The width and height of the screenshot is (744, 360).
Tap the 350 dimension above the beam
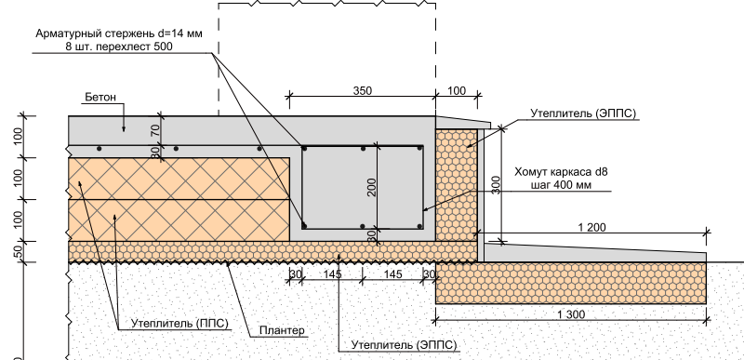[363, 90]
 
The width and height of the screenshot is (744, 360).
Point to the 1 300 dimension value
[572, 315]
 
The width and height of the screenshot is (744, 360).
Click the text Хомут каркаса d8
[560, 171]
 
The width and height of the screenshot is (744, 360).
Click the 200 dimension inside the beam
[372, 187]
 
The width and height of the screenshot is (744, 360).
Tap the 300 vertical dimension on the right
[497, 183]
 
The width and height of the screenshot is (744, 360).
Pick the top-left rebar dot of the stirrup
[304, 147]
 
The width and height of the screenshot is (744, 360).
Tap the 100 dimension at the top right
[458, 90]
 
